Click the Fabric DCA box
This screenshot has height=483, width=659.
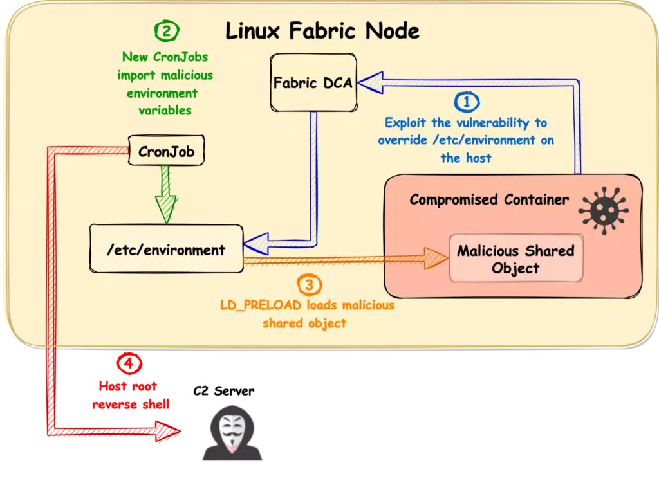click(313, 82)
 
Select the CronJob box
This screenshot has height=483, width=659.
click(167, 150)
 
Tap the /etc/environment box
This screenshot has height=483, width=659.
click(167, 249)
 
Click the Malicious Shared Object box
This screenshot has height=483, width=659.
click(516, 259)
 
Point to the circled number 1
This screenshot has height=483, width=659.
click(467, 102)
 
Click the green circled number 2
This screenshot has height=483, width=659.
click(167, 31)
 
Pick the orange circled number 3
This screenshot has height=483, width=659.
click(310, 285)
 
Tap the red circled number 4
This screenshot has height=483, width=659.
click(129, 363)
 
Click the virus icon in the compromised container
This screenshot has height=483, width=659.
click(604, 210)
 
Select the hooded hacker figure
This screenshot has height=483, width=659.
click(232, 433)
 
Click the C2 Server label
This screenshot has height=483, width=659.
click(223, 391)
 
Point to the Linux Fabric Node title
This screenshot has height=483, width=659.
click(322, 31)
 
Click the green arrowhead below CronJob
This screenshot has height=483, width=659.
click(167, 209)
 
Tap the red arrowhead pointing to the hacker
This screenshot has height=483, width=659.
click(168, 431)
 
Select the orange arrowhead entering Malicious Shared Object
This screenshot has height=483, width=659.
click(436, 259)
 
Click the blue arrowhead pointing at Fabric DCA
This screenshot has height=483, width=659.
click(370, 82)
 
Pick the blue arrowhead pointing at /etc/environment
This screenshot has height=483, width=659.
click(256, 244)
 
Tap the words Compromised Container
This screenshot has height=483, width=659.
click(489, 199)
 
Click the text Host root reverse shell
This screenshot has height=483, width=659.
click(130, 396)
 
